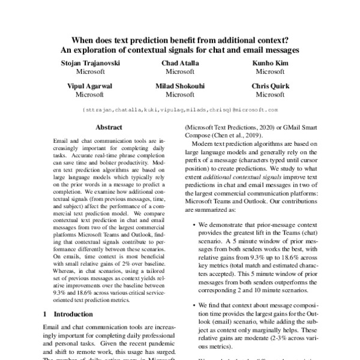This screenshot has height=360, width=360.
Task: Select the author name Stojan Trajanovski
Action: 89,63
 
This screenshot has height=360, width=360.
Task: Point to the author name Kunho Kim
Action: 270,63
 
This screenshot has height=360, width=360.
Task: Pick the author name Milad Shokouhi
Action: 179,86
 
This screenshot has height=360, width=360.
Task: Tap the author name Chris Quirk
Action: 270,86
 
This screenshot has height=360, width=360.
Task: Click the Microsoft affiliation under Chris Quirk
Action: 270,94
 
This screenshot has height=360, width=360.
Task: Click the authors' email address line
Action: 179,110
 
